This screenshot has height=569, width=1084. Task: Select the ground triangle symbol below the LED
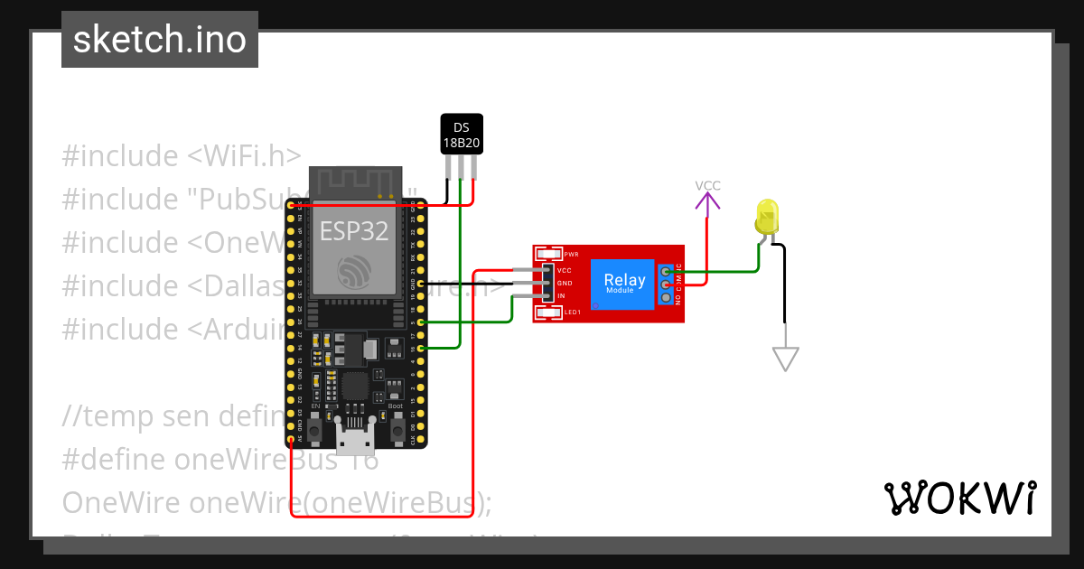(786, 359)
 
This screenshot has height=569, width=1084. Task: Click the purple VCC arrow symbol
(707, 201)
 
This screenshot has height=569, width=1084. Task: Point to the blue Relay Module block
(625, 283)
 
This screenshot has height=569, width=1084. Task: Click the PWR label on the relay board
(571, 255)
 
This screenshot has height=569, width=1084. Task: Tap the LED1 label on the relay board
(572, 312)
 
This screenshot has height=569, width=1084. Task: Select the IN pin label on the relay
(562, 296)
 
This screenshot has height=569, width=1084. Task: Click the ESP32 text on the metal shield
(354, 231)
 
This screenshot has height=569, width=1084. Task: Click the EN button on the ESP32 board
(315, 433)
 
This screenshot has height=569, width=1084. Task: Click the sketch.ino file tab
(160, 40)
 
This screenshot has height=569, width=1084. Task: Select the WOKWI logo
(960, 498)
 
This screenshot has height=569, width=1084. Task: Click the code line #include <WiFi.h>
(182, 156)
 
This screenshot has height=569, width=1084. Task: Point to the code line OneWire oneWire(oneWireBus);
(276, 501)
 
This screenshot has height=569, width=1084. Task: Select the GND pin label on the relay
(565, 284)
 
